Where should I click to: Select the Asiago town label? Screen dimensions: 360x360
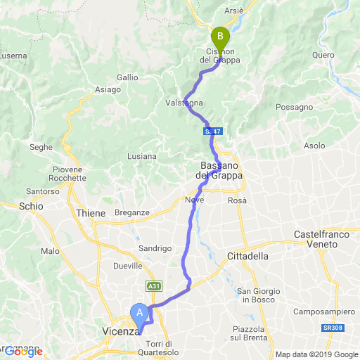(108, 89)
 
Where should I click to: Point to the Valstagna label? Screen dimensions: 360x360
(184, 103)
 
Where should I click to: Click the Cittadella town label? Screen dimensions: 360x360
(248, 257)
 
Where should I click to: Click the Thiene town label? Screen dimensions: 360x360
(91, 213)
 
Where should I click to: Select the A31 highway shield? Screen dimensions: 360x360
(154, 286)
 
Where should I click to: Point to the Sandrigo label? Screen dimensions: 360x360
(155, 248)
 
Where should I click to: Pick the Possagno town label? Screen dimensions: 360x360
(295, 107)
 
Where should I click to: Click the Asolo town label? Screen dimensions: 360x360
(314, 146)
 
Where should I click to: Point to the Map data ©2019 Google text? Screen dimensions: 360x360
(316, 354)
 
